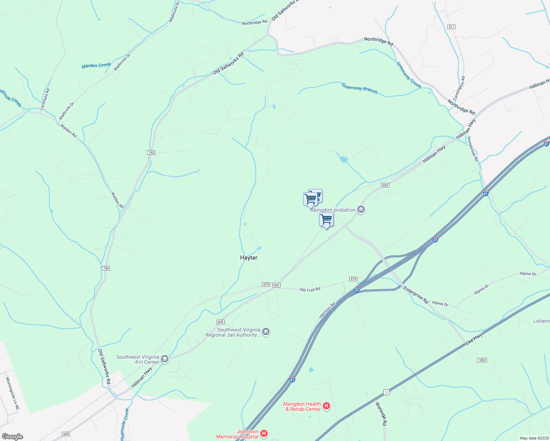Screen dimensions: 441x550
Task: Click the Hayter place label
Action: (249, 258)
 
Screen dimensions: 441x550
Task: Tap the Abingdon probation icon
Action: (361, 210)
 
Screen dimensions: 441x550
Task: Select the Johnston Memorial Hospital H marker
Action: (264, 434)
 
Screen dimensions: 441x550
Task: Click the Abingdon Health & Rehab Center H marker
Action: (326, 406)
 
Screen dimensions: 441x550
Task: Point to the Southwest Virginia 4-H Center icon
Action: (165, 359)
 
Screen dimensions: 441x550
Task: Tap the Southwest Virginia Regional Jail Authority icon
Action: (266, 332)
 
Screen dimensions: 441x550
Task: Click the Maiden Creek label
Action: (96, 65)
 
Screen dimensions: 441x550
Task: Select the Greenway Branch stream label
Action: (359, 89)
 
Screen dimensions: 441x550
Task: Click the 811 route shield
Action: (451, 27)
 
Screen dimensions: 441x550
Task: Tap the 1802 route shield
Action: (482, 360)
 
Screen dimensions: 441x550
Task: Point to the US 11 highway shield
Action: (386, 392)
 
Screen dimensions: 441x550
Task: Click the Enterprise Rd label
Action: (416, 295)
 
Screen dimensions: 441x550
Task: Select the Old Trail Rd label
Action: (310, 290)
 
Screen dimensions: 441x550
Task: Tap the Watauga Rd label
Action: (381, 413)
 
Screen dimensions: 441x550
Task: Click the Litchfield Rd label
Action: (45, 99)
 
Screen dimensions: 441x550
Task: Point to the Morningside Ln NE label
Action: (12, 394)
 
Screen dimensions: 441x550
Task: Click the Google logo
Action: (12, 437)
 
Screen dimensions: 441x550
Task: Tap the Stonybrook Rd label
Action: (472, 149)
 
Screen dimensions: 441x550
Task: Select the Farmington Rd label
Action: (459, 88)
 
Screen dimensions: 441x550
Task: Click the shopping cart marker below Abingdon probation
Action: (326, 220)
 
